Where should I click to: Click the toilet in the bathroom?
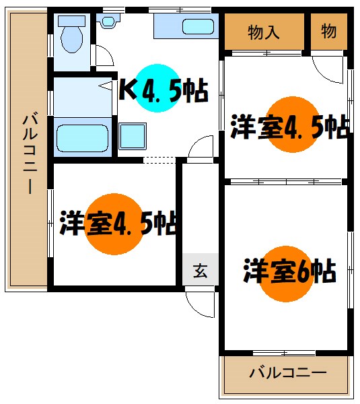click(x=71, y=36)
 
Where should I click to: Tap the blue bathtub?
click(x=83, y=138)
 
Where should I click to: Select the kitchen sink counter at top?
click(x=184, y=27)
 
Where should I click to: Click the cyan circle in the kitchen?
click(x=159, y=88)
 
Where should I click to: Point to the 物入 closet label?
click(x=264, y=32)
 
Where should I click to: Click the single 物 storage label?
click(x=329, y=31)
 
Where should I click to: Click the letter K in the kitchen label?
click(x=126, y=90)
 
